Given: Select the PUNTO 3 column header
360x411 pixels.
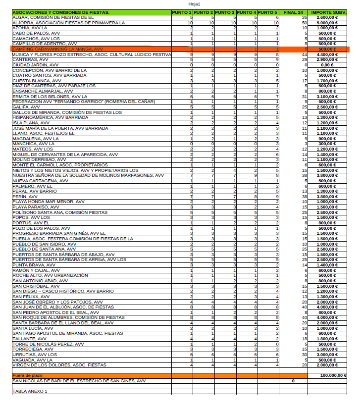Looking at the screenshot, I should [x=225, y=12].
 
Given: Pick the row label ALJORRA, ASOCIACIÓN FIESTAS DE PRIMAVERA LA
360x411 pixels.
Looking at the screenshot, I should [x=69, y=23].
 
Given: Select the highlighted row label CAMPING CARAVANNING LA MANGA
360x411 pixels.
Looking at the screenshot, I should [x=57, y=50].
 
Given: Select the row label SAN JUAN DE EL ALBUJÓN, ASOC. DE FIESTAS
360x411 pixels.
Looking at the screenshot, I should [x=63, y=307].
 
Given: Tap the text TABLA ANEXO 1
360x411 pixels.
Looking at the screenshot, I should [x=30, y=391].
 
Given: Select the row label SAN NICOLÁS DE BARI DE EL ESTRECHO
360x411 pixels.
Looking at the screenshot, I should [x=79, y=381].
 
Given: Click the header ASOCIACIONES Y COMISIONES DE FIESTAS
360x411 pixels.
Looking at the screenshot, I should [x=61, y=12].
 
